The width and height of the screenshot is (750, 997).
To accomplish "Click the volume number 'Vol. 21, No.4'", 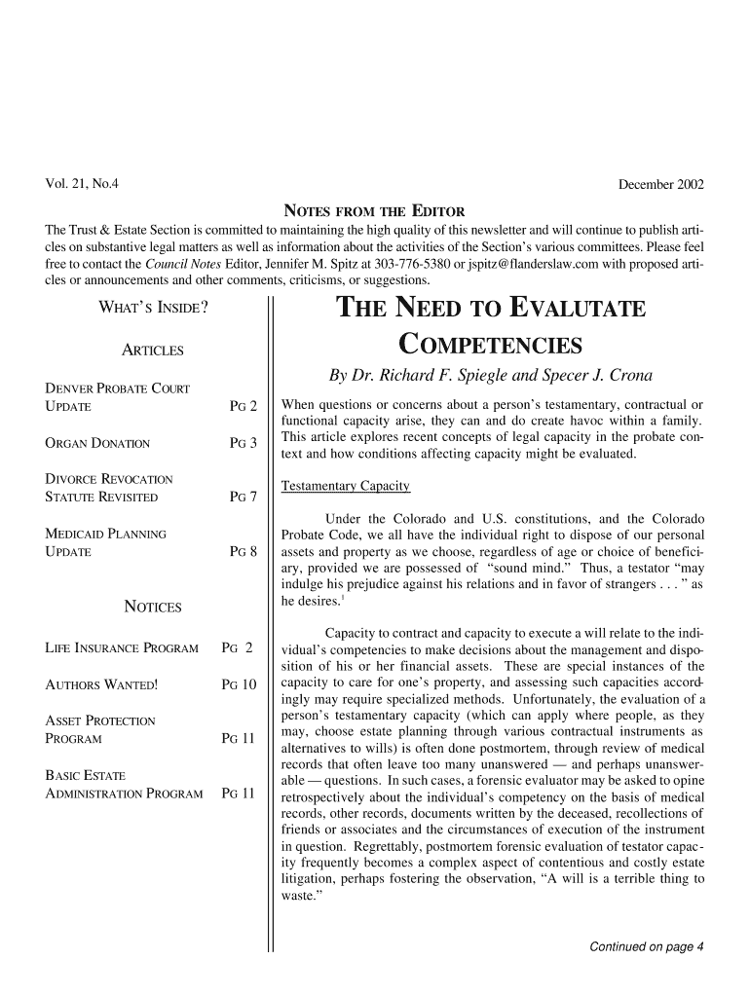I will [x=84, y=184].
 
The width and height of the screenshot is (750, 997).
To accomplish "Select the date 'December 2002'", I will [x=661, y=184].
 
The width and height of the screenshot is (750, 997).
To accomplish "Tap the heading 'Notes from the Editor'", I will [x=373, y=211].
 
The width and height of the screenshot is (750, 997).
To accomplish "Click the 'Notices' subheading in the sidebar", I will [x=153, y=608].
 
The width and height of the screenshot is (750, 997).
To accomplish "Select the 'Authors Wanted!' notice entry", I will [x=95, y=685].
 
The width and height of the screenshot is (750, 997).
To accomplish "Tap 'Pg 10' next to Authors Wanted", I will [x=239, y=685].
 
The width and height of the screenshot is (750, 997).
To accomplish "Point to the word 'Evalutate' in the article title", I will [x=572, y=310].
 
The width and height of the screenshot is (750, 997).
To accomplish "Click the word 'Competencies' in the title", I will [x=491, y=346].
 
